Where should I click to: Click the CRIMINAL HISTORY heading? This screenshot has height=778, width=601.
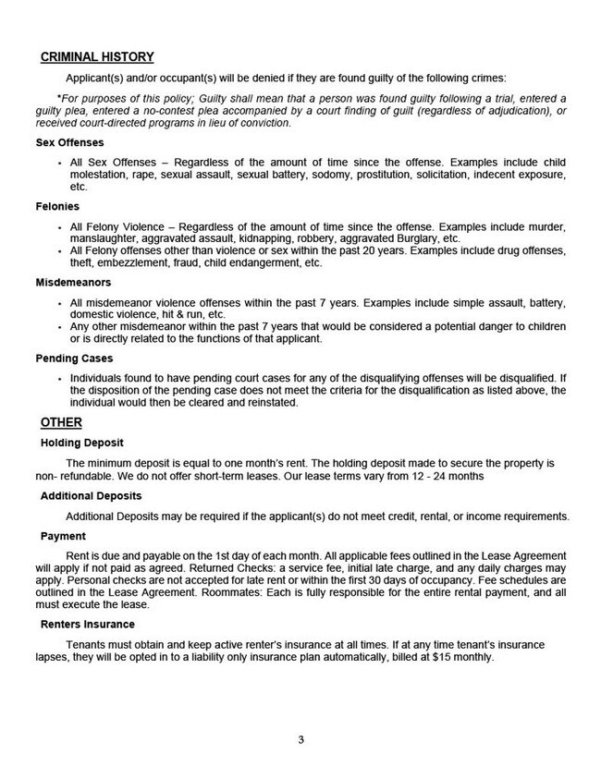[97, 57]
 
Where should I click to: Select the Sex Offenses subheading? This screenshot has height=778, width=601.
[71, 143]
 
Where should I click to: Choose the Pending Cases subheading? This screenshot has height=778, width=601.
[78, 359]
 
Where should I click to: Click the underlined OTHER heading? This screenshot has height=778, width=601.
[61, 422]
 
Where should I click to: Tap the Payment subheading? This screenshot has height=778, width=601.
[63, 535]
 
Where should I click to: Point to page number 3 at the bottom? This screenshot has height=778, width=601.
[301, 740]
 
